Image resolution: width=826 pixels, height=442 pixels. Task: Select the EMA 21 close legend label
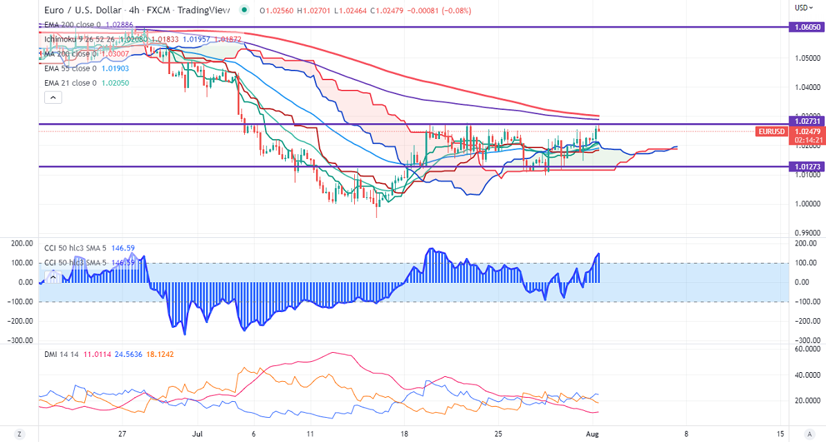68,83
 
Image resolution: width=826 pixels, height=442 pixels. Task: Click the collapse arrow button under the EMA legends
53,98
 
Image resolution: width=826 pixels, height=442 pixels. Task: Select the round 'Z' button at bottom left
19,434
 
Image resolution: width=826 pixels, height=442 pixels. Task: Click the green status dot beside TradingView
244,10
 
